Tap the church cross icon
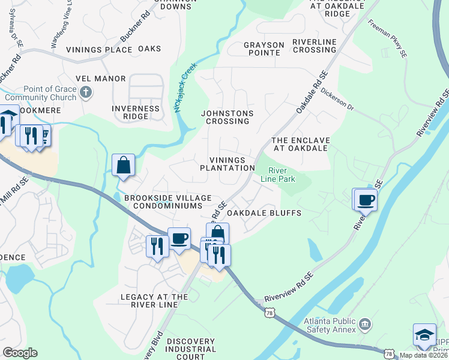click(x=86, y=92)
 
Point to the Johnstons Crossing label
click(x=227, y=117)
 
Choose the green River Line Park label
click(x=277, y=174)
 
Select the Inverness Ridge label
click(x=136, y=113)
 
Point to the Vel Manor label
click(x=101, y=79)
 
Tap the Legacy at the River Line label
click(x=154, y=301)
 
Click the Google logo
click(x=20, y=353)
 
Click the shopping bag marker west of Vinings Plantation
click(x=123, y=165)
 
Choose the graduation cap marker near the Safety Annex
click(x=425, y=335)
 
